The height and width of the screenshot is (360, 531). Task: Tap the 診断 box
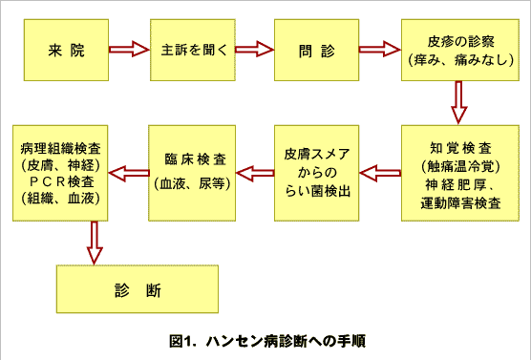[x=138, y=287]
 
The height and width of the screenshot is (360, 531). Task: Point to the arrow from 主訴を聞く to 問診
[x=251, y=50]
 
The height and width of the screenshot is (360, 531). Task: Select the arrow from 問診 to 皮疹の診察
[x=378, y=50]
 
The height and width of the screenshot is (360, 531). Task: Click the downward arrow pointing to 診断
[x=94, y=241]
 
